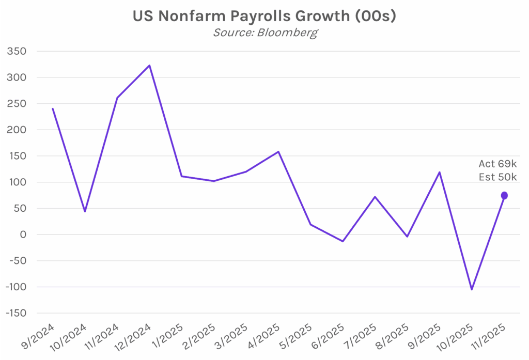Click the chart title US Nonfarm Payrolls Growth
pyautogui.click(x=264, y=16)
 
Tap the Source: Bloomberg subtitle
pyautogui.click(x=265, y=33)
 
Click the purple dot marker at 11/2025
pyautogui.click(x=504, y=195)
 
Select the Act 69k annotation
pyautogui.click(x=497, y=164)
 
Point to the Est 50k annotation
pyautogui.click(x=497, y=177)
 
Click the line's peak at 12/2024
pyautogui.click(x=149, y=65)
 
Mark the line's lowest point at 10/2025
pyautogui.click(x=472, y=289)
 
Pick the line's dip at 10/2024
pyautogui.click(x=85, y=211)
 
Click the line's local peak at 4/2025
pyautogui.click(x=278, y=152)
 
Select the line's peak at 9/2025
pyautogui.click(x=440, y=172)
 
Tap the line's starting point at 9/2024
pyautogui.click(x=53, y=108)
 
